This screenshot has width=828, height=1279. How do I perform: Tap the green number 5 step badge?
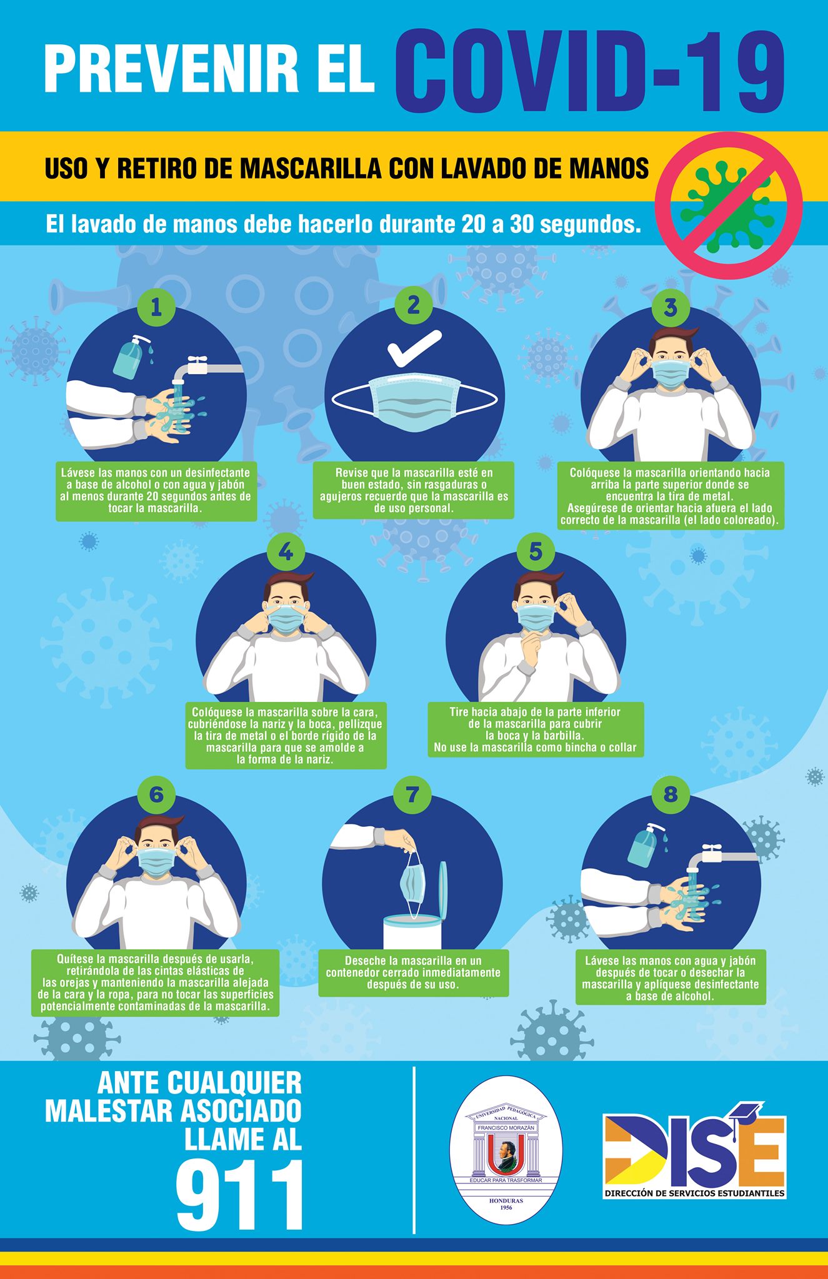(536, 551)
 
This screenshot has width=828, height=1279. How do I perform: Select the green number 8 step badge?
(671, 794)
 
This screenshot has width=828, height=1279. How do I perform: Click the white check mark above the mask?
(414, 348)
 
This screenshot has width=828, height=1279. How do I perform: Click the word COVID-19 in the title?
(589, 72)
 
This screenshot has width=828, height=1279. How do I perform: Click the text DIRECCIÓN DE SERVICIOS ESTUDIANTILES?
(694, 1193)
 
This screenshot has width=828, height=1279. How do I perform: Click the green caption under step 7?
(414, 973)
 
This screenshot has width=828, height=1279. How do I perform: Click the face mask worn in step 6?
(156, 861)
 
